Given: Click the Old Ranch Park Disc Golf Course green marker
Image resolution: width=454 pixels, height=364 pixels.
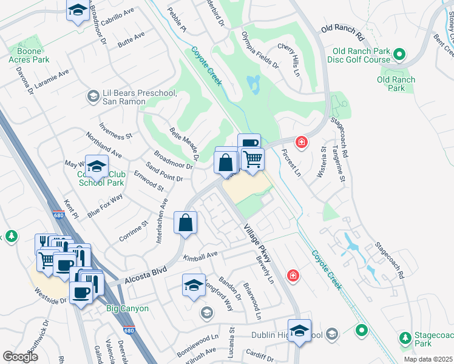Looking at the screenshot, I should [x=399, y=55].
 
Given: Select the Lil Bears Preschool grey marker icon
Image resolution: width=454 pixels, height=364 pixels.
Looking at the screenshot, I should [x=93, y=96].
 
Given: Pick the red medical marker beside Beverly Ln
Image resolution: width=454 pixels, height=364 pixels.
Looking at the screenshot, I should [x=293, y=276].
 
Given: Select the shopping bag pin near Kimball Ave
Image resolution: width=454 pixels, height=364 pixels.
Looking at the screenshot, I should [x=186, y=223].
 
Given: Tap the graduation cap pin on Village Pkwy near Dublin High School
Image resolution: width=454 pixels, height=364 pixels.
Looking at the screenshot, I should [x=299, y=331].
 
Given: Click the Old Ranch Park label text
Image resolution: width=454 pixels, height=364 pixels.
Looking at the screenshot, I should [x=396, y=84].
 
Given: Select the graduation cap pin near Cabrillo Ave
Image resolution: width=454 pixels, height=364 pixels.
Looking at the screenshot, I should [x=77, y=11].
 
